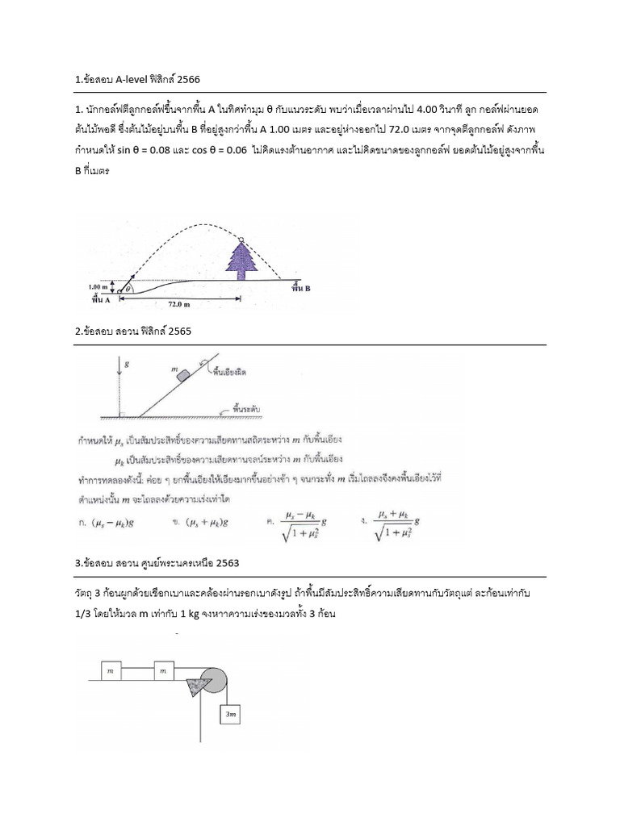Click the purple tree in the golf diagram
pos(240,259)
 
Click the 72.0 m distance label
pos(178,305)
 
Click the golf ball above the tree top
pos(240,240)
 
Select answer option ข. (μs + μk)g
pos(201,522)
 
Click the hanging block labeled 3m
pos(231,714)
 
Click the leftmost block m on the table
pos(108,670)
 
